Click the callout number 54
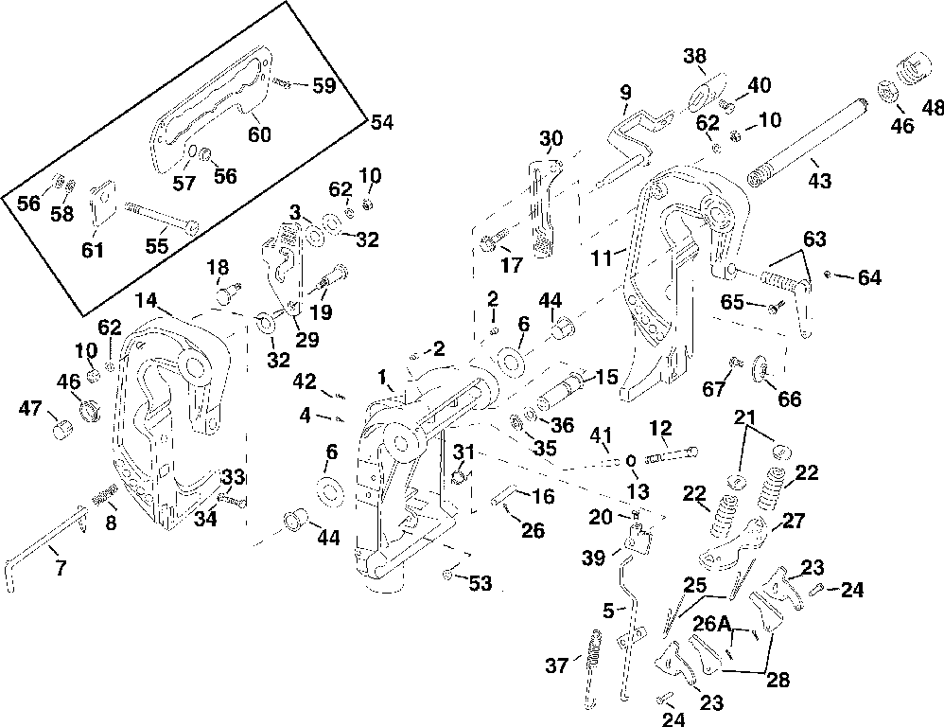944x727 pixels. (x=382, y=122)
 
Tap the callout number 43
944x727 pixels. (x=819, y=180)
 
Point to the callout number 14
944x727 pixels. (x=146, y=300)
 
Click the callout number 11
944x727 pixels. (x=601, y=258)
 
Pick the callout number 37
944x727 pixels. (x=557, y=665)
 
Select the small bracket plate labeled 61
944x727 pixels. (x=102, y=203)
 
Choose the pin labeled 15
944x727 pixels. (x=558, y=391)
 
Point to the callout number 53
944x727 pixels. (x=481, y=583)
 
